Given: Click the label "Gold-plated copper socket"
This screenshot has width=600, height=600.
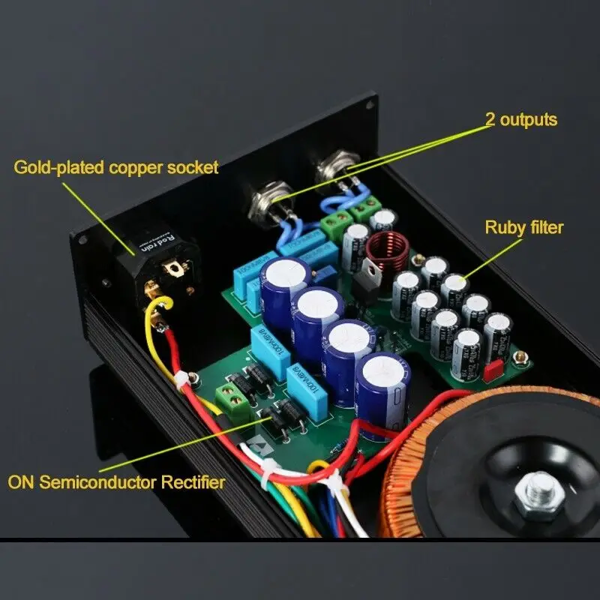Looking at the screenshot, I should pos(116,166).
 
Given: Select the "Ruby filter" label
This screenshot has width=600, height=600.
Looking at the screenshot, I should pos(523,227).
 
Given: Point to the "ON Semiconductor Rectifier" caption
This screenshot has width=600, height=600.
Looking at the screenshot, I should pos(116,481).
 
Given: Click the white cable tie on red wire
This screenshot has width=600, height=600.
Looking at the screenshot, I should pos(181,381).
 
